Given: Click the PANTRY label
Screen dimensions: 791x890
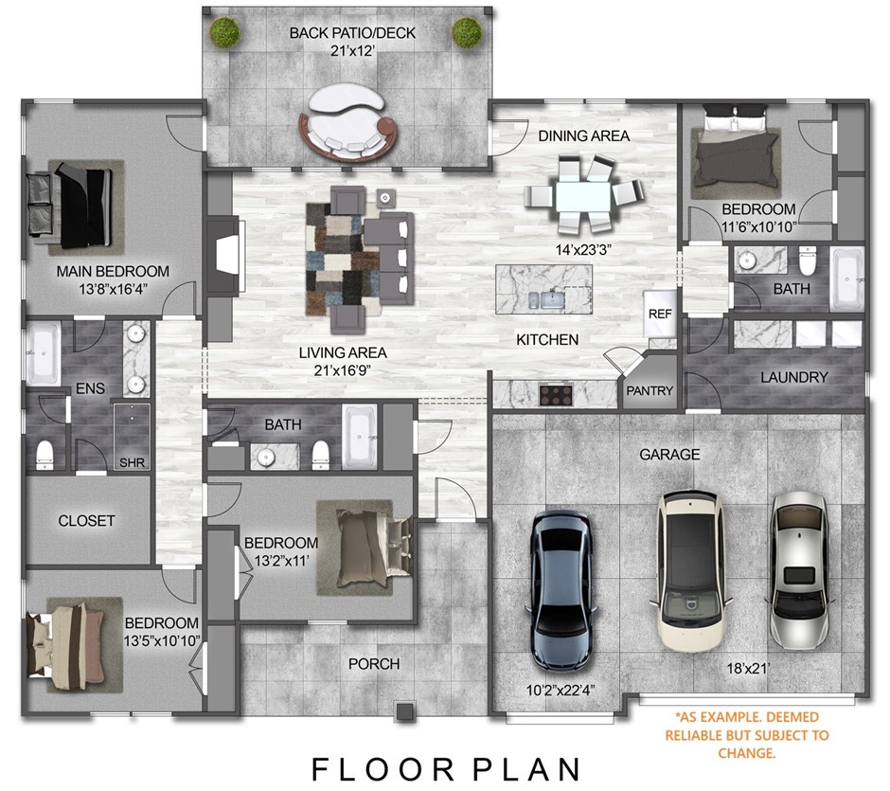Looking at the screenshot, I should [650, 390].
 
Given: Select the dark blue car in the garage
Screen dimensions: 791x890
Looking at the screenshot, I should [561, 587].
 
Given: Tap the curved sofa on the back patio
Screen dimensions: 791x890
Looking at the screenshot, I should [347, 124].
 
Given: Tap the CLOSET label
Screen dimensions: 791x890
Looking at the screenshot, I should [86, 520].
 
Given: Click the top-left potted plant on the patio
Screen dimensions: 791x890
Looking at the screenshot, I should [223, 33].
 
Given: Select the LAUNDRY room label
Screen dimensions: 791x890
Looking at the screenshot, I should [793, 377].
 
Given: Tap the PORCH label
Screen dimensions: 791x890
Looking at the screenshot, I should [373, 664].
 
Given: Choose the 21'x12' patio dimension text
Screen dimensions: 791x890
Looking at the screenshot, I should [352, 54].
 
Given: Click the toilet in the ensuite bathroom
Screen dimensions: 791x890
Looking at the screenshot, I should [44, 455].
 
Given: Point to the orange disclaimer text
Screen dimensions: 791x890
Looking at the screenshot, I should [746, 735].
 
